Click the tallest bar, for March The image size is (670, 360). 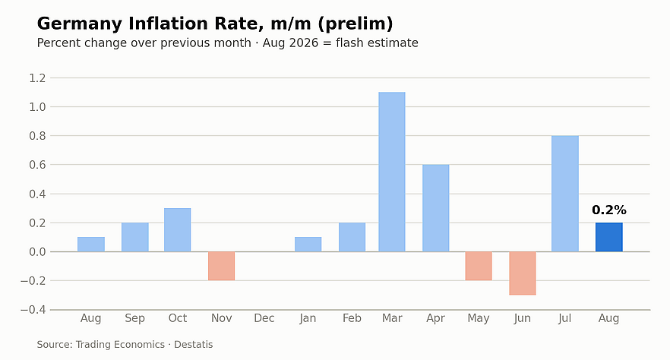coord(392,172)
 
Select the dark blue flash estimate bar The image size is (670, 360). coord(609,237)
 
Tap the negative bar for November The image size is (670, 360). coord(221,266)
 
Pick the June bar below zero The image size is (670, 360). coord(522,273)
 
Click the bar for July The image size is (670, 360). coord(565,194)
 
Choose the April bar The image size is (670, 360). coord(435,208)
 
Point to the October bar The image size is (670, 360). coord(177,230)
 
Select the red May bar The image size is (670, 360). coord(479,266)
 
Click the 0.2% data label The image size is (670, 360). coord(609,210)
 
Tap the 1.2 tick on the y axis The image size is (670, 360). coord(37,78)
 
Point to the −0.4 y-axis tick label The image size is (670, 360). coord(33,310)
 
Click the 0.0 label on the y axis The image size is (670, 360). coord(37,252)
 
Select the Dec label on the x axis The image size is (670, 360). coord(264,318)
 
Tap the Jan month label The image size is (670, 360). coord(308,318)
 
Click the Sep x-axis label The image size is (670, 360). coord(134,318)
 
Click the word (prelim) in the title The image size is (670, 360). coord(355,24)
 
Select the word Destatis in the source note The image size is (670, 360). coord(193,345)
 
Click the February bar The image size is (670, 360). coord(352,237)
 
